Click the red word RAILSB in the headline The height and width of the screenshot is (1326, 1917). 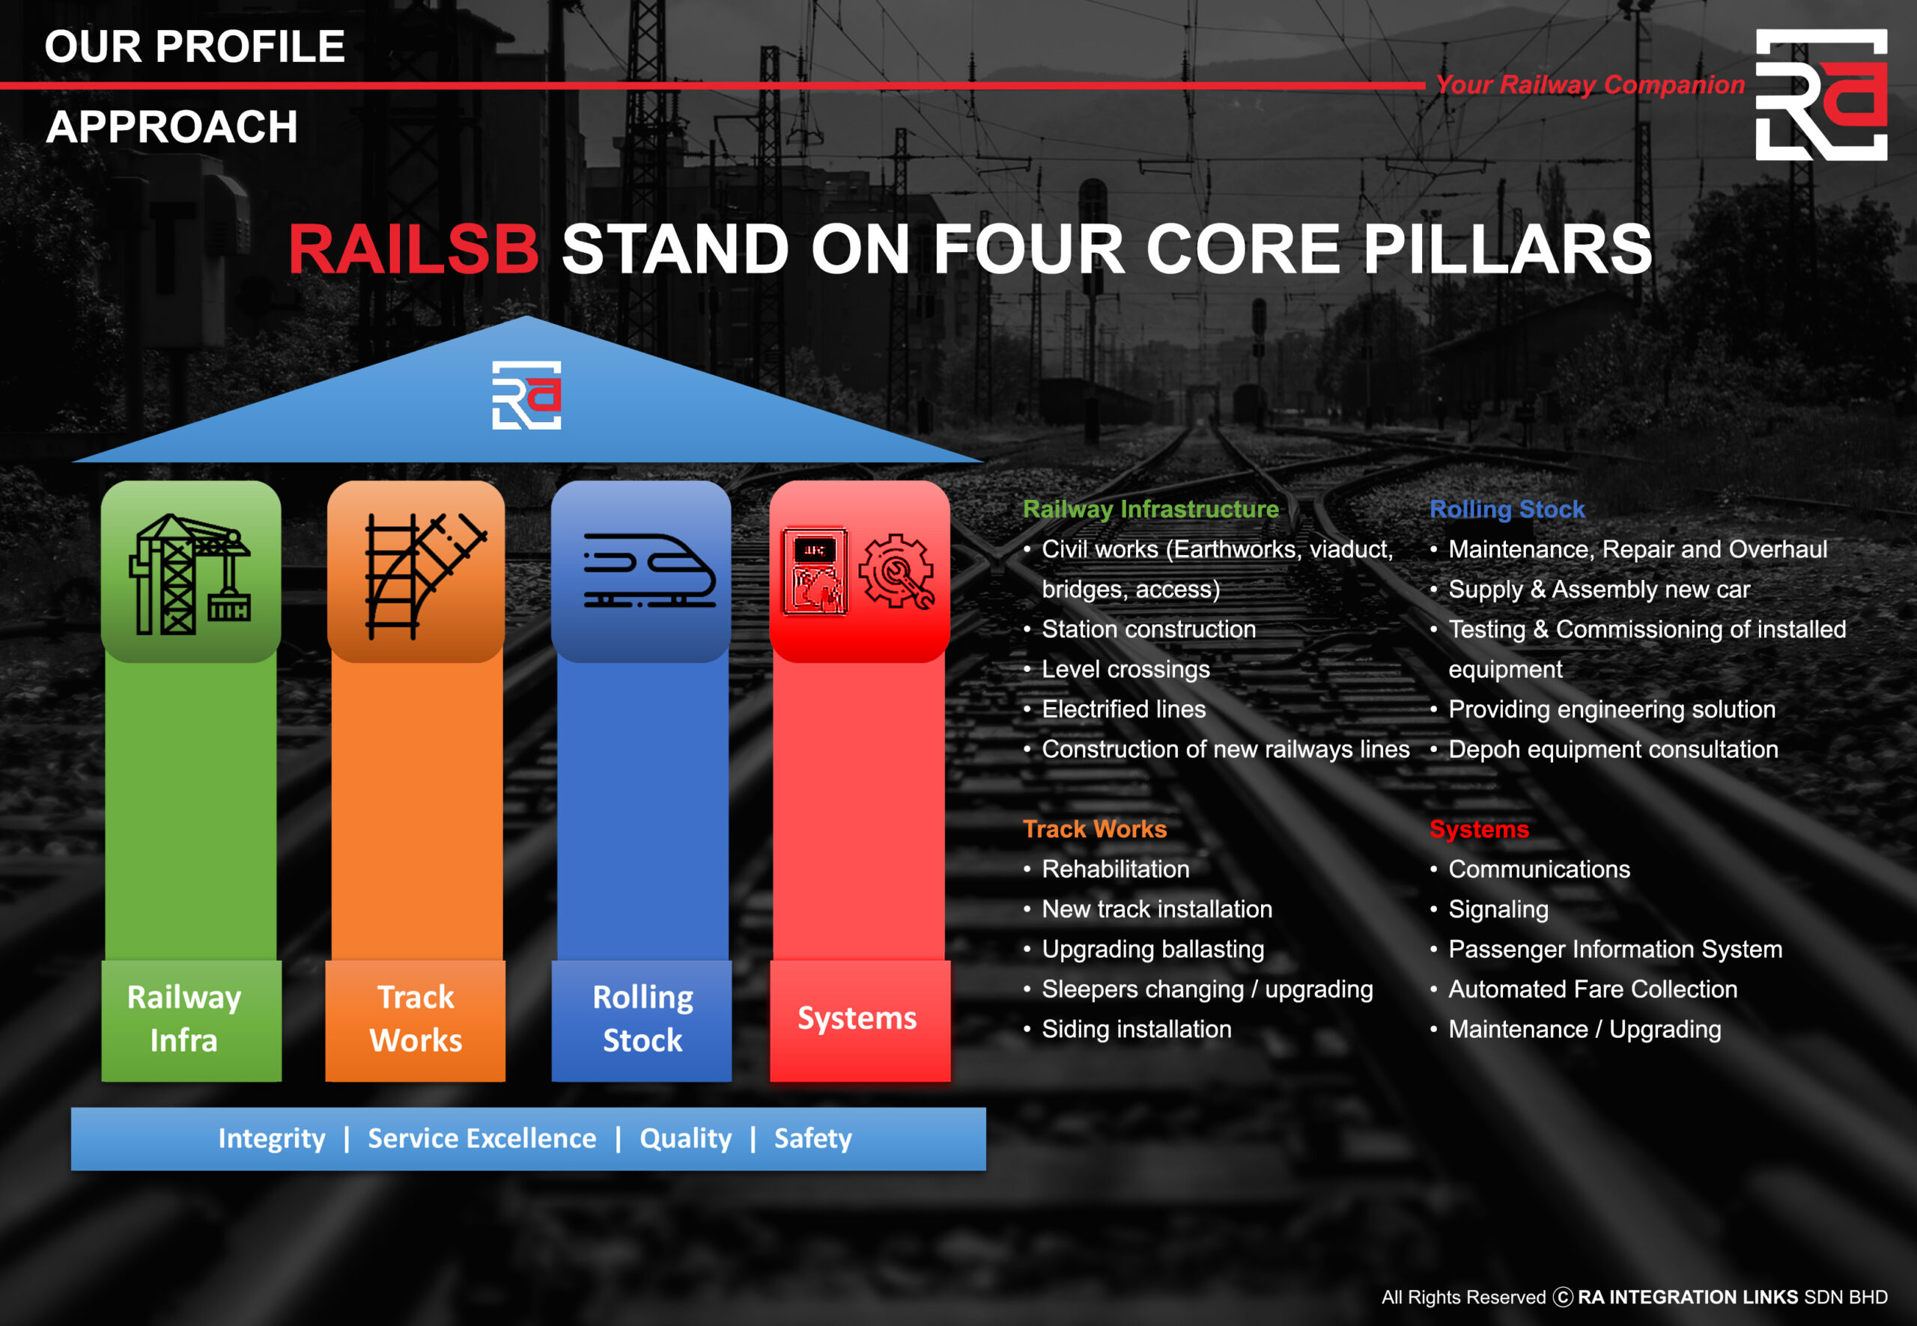pos(414,248)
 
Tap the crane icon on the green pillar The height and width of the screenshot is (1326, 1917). pos(190,574)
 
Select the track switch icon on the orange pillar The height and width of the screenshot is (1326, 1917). pos(425,575)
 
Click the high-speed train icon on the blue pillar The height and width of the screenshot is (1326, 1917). pos(649,571)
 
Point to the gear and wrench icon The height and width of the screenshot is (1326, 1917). pos(896,571)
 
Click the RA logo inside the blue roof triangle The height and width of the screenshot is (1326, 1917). pos(526,394)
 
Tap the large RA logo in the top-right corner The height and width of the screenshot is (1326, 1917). pos(1820,95)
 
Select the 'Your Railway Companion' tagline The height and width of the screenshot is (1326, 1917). pos(1590,85)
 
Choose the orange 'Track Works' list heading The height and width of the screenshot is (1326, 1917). pos(1095,828)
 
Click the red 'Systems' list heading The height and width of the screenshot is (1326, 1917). pos(1479,828)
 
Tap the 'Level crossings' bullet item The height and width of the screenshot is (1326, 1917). pos(1125,669)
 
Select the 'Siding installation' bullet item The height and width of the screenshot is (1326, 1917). pos(1137,1029)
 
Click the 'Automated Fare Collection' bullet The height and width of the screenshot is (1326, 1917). pos(1593,989)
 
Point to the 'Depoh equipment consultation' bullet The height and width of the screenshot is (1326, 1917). pos(1613,748)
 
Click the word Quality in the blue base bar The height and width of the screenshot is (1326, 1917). pos(686,1138)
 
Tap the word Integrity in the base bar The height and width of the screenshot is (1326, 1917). pos(272,1138)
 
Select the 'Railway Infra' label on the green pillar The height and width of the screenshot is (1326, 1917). pos(184,1018)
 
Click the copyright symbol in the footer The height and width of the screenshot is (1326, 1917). pos(1563,1297)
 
